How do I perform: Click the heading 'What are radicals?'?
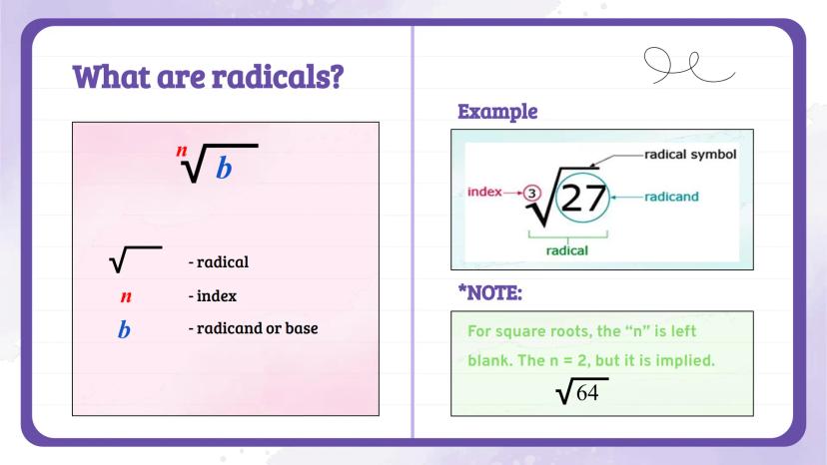click(x=208, y=77)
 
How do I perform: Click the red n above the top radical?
click(x=182, y=151)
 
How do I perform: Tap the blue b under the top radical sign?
click(x=224, y=169)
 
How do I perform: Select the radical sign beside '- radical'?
click(x=136, y=259)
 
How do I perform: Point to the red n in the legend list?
click(x=126, y=296)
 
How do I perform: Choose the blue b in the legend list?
click(x=124, y=329)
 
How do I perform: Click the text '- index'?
click(x=213, y=296)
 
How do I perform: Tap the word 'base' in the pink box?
click(x=302, y=328)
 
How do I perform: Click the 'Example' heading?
click(x=497, y=112)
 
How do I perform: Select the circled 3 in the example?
click(x=532, y=194)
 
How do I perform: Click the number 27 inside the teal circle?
click(x=583, y=199)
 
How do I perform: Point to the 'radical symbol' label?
click(x=690, y=155)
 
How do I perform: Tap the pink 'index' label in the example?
click(x=484, y=192)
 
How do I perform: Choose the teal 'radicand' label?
click(x=671, y=197)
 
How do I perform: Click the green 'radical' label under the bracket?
click(x=567, y=250)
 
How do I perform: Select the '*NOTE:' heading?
click(x=490, y=293)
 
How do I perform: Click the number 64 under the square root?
click(x=587, y=393)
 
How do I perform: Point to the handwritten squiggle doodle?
click(x=688, y=66)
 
